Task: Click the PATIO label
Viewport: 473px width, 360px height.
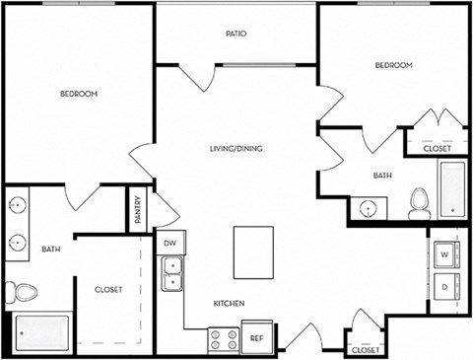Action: pyautogui.click(x=236, y=34)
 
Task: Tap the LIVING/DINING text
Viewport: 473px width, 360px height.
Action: pyautogui.click(x=236, y=149)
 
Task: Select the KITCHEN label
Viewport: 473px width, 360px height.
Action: pyautogui.click(x=228, y=303)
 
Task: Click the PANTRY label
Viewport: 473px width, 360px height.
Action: pyautogui.click(x=138, y=213)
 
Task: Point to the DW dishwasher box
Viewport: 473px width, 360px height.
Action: pyautogui.click(x=169, y=243)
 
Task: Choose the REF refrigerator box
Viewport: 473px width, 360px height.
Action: pyautogui.click(x=256, y=337)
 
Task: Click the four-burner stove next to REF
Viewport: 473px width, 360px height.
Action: pyautogui.click(x=223, y=337)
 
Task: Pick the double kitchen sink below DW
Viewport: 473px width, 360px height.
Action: pyautogui.click(x=172, y=273)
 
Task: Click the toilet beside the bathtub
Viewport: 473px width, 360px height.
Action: pyautogui.click(x=420, y=203)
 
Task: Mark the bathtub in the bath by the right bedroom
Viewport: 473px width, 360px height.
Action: pyautogui.click(x=452, y=188)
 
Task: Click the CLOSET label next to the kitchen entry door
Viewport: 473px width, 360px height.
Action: pyautogui.click(x=365, y=349)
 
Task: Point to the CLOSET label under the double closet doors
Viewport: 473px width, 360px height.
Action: pyautogui.click(x=438, y=148)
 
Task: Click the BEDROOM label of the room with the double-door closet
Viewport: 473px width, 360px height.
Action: pyautogui.click(x=393, y=65)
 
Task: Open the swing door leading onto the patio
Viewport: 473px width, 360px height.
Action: pyautogui.click(x=202, y=77)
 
